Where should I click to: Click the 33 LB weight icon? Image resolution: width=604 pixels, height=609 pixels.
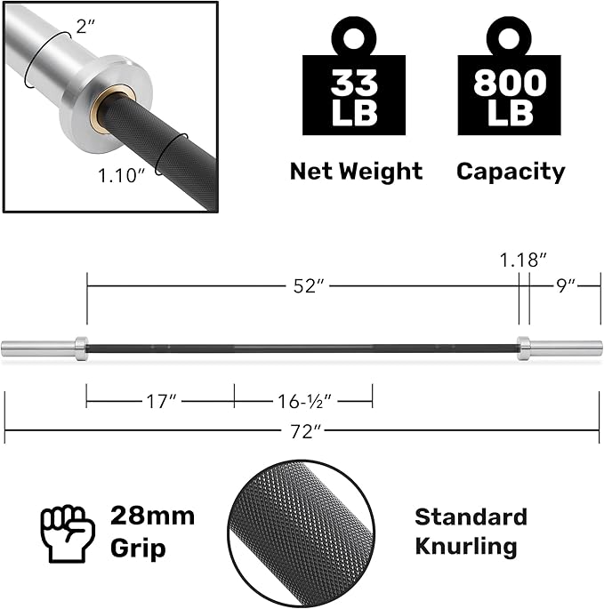(x=354, y=76)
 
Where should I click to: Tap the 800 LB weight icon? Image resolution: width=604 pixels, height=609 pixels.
(x=509, y=76)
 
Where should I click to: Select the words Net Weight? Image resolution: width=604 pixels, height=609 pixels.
(x=356, y=172)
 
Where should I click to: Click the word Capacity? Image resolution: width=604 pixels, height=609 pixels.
(x=511, y=172)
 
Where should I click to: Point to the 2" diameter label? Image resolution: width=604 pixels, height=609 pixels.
(x=85, y=27)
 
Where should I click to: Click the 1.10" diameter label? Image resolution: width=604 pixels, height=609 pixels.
(x=121, y=175)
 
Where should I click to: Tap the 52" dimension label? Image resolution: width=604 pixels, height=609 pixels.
(x=308, y=286)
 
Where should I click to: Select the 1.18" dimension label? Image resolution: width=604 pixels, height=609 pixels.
(x=523, y=260)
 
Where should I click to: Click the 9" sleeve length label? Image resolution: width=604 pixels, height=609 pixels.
(x=566, y=286)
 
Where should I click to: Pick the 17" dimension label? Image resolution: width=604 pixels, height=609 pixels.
(x=161, y=401)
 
